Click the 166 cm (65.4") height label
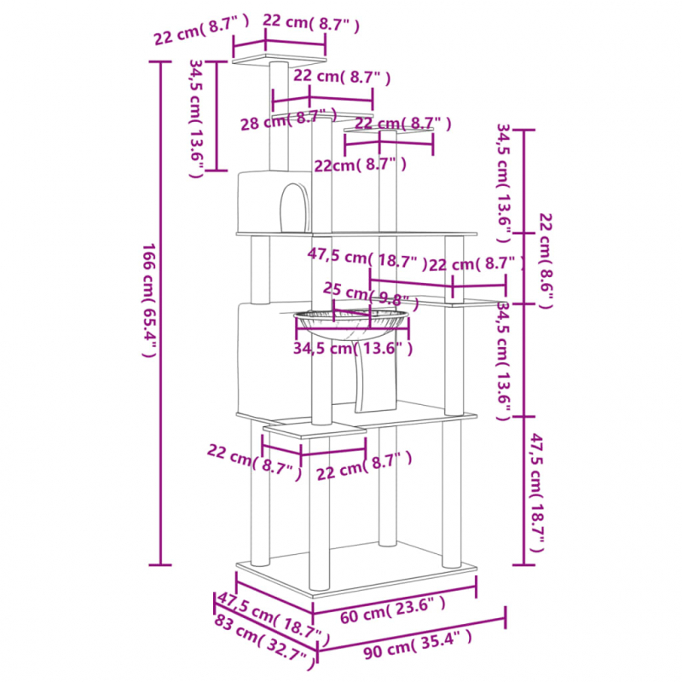click(149, 300)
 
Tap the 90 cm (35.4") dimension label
click(417, 644)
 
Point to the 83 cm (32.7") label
click(264, 642)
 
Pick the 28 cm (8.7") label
click(289, 119)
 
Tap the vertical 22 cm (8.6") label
click(546, 261)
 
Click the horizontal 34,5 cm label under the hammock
click(353, 349)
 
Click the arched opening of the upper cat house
click(293, 207)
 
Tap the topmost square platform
click(279, 59)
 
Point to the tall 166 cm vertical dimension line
click(160, 313)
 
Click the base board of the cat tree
click(356, 569)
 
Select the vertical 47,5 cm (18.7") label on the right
click(536, 493)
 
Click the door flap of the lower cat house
click(375, 374)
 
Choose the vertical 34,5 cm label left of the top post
click(195, 118)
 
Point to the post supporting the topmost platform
click(279, 117)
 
